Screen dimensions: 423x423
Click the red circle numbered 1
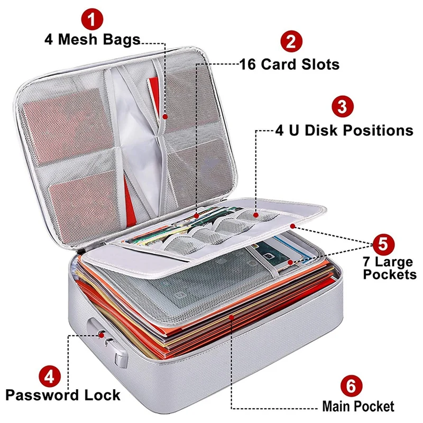click(91, 21)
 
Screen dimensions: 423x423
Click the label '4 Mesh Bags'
click(92, 40)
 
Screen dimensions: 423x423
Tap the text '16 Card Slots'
click(289, 65)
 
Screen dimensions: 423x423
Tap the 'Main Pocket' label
click(358, 406)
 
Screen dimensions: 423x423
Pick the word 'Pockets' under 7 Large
click(390, 275)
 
